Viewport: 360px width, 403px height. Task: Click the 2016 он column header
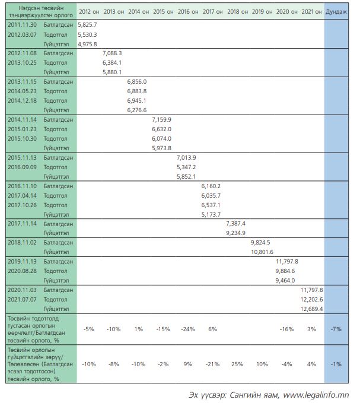point(187,12)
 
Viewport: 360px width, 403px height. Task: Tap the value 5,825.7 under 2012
point(87,24)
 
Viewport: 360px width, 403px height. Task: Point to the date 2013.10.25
point(23,62)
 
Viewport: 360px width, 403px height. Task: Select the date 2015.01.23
point(23,129)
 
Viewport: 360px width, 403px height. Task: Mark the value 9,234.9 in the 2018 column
point(236,233)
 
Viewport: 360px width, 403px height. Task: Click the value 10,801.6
point(262,252)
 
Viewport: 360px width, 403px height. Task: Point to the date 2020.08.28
point(23,271)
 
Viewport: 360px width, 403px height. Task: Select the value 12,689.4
point(311,309)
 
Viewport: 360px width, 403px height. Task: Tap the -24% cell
point(187,328)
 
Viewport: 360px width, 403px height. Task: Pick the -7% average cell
point(336,328)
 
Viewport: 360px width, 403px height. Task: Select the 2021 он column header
point(311,12)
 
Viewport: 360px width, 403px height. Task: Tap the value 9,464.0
point(286,281)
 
